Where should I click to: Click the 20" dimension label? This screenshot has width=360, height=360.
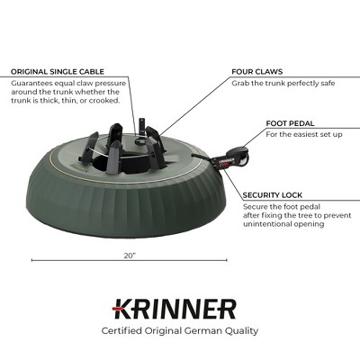point(130,256)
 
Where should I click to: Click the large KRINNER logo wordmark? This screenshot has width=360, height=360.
point(175,310)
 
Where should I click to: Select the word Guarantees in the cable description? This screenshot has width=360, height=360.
point(33,81)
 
